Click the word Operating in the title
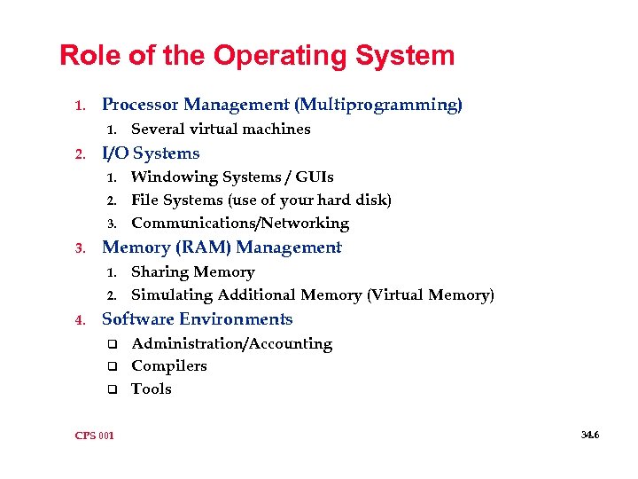(x=262, y=56)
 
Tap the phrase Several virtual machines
(x=221, y=130)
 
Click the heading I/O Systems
(x=151, y=153)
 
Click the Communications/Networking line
(x=240, y=224)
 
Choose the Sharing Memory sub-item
(x=192, y=272)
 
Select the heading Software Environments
(x=197, y=319)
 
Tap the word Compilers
(x=169, y=366)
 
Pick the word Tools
(x=152, y=389)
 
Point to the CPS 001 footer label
(x=95, y=436)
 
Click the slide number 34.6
(x=590, y=435)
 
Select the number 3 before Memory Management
(x=80, y=248)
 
